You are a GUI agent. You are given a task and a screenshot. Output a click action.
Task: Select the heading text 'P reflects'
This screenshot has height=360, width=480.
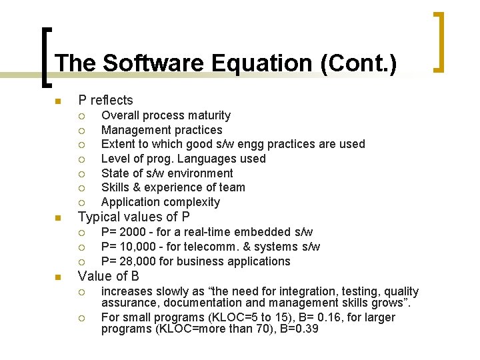tap(105, 101)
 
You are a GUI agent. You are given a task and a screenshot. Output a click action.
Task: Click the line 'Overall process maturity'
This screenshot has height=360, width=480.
tap(165, 115)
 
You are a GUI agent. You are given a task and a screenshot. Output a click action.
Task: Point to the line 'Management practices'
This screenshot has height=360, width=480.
tap(161, 130)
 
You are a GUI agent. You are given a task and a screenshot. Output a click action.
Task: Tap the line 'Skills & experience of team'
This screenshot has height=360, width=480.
tap(173, 187)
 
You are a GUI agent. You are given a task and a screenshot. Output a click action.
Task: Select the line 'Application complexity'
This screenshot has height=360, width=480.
tap(160, 202)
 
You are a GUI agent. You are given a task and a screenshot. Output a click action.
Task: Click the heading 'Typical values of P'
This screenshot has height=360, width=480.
tap(134, 217)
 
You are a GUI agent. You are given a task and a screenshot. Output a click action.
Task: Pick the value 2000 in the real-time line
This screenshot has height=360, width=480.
tap(133, 232)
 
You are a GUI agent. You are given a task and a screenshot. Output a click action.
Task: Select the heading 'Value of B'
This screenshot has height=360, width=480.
tap(109, 276)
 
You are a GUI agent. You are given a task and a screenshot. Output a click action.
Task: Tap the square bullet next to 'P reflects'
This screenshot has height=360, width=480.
tap(58, 101)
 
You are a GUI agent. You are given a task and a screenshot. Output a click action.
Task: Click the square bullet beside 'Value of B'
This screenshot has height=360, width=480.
tap(58, 277)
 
